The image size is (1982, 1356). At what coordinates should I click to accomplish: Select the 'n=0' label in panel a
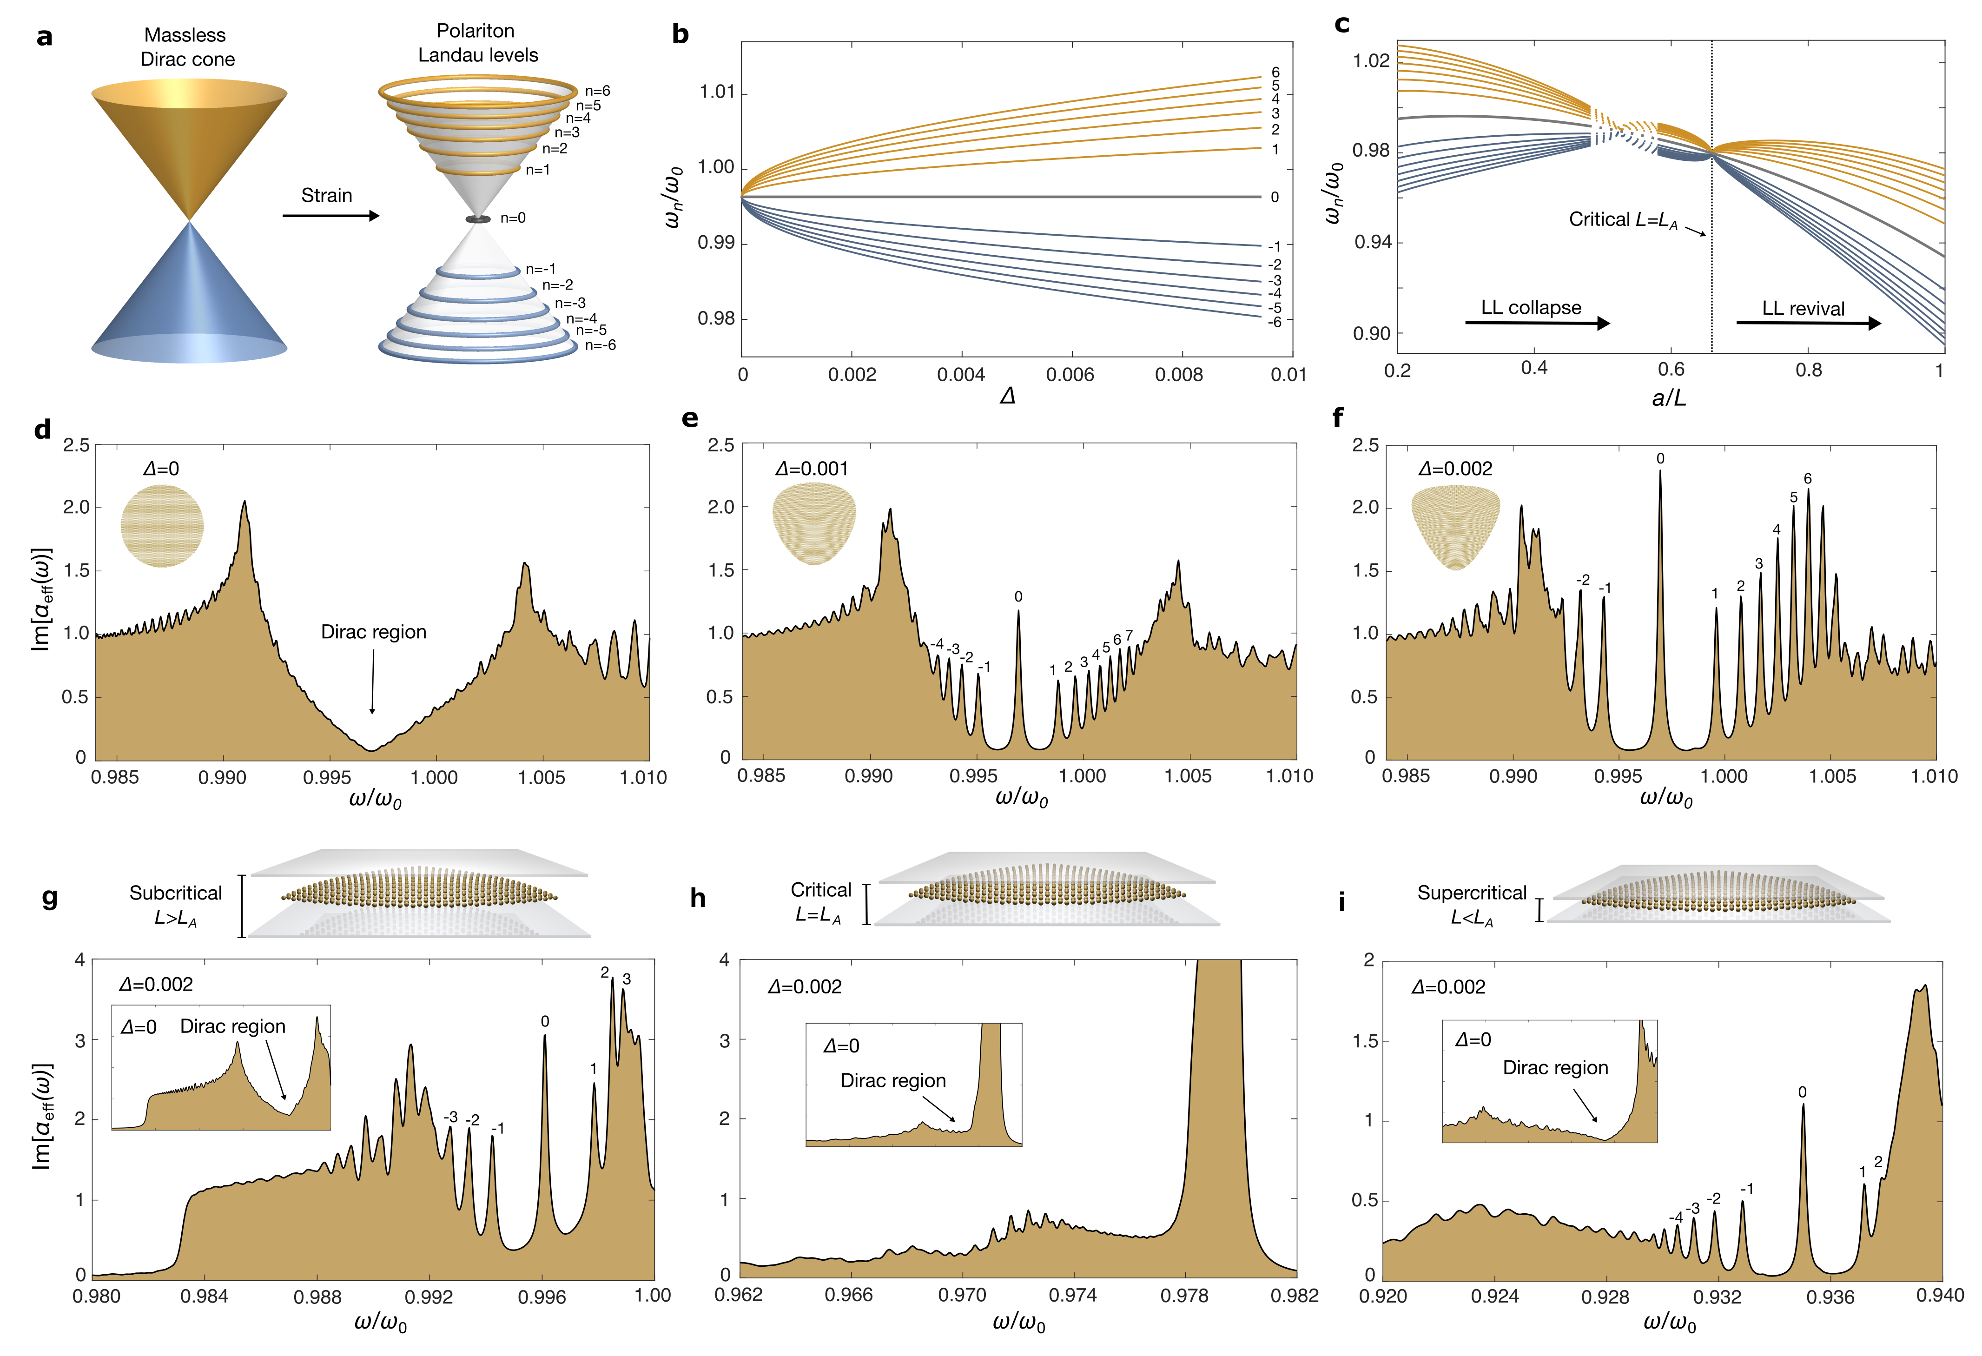point(513,218)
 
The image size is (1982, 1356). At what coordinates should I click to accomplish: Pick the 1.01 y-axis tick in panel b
point(716,92)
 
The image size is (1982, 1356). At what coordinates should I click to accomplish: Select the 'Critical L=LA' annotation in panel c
point(1623,220)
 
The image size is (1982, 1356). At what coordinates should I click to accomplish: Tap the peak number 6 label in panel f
point(1807,478)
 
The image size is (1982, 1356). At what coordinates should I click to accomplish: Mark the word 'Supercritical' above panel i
point(1471,893)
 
